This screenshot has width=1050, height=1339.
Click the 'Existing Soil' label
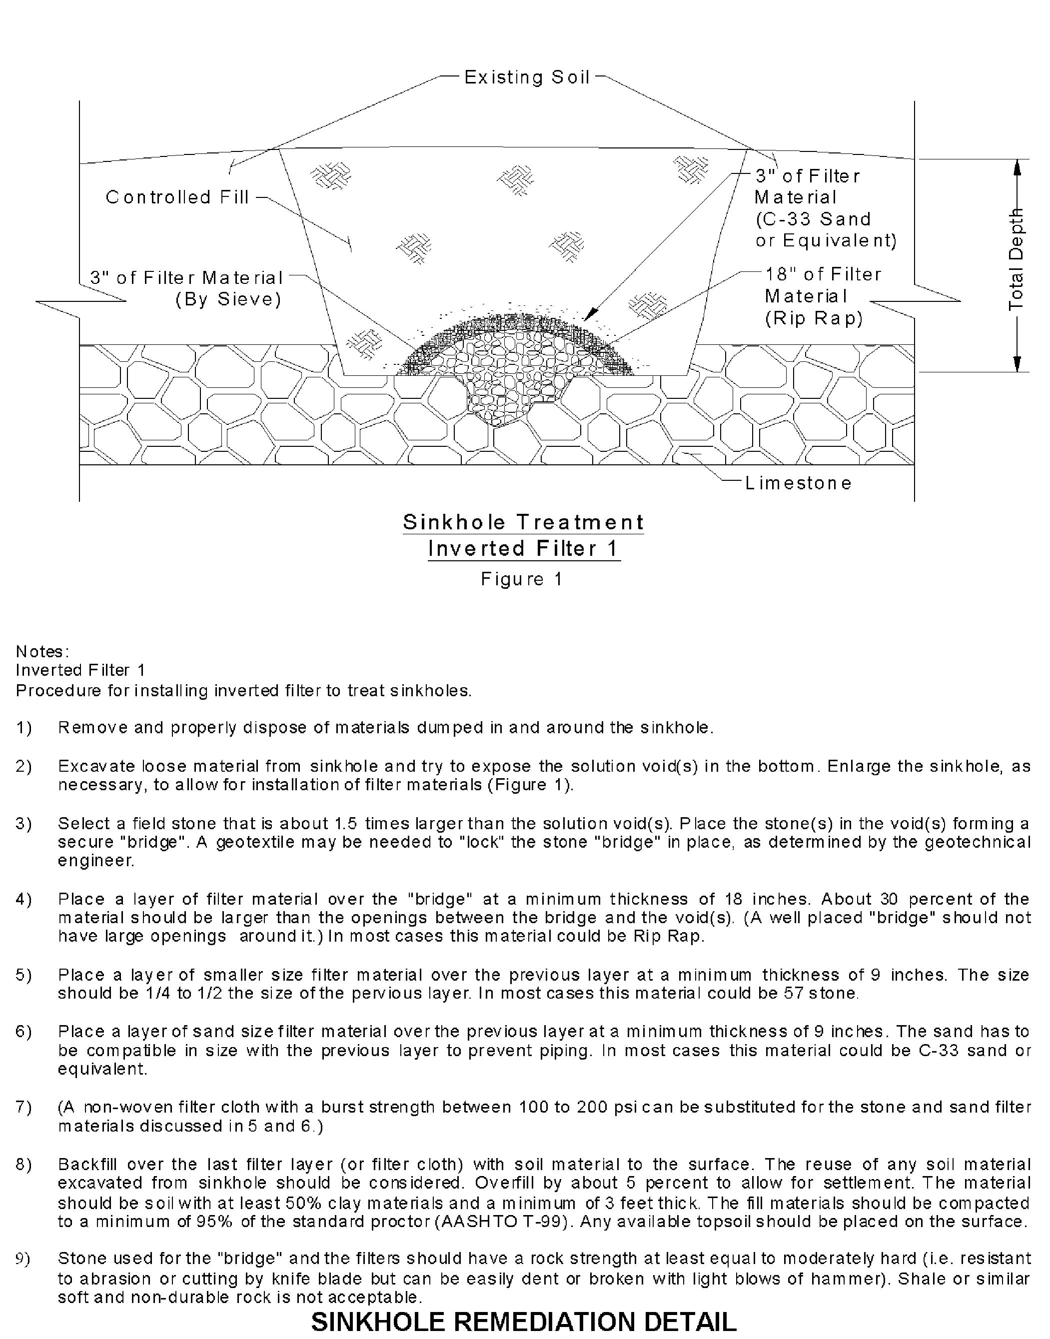coord(527,77)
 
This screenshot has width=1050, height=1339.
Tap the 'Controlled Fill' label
coord(177,197)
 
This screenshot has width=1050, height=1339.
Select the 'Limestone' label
coord(799,483)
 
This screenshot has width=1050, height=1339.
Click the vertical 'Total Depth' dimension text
coord(1016,259)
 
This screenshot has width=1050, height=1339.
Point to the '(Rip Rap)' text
coord(814,318)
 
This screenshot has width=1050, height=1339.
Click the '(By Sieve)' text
coord(228,299)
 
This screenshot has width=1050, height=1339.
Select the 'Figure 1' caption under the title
coord(521,579)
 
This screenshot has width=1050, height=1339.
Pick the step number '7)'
coord(24,1107)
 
